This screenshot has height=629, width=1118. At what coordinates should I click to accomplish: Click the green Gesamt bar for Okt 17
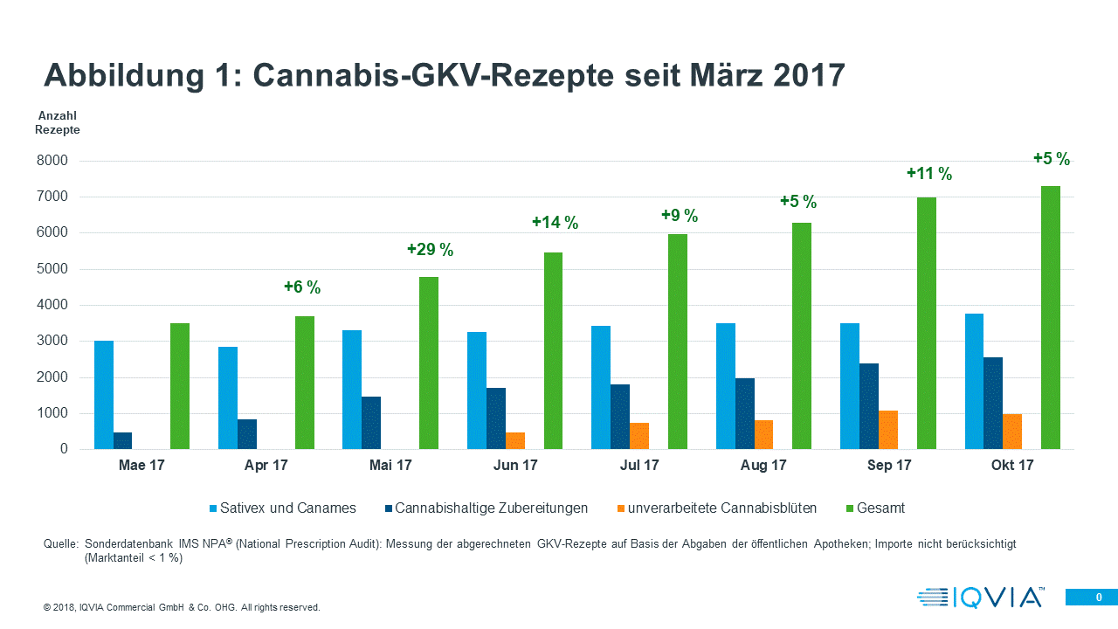pos(1051,318)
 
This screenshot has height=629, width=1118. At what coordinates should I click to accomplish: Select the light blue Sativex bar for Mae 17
pos(104,395)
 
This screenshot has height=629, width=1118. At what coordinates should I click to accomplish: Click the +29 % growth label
pos(430,251)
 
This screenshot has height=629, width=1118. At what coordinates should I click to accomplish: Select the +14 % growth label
pos(555,223)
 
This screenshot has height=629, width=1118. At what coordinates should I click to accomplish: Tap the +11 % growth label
pos(928,174)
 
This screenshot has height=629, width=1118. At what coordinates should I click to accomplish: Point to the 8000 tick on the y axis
pos(52,161)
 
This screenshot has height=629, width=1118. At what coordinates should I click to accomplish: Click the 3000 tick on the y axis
pos(52,342)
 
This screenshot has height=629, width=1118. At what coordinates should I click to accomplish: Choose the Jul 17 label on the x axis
pos(639,466)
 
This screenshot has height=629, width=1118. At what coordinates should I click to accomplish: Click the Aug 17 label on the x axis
pos(763,466)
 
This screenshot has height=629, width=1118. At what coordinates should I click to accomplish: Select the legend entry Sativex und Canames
pos(283,508)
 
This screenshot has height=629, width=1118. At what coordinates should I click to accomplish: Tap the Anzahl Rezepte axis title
pos(58,122)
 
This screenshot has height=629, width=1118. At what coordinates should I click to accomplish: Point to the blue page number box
pos(1091,597)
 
